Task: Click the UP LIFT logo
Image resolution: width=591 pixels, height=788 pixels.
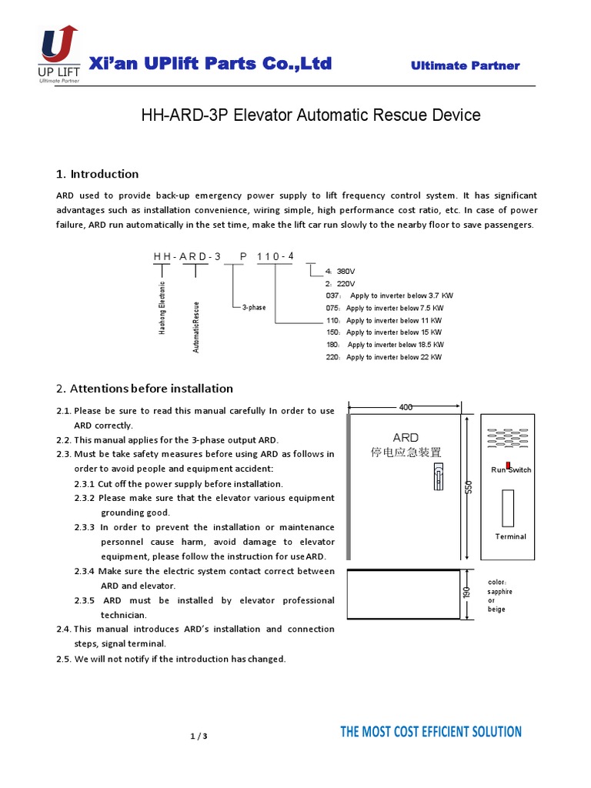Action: [x=58, y=54]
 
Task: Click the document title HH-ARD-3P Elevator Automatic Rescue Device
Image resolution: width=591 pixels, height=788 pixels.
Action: [x=310, y=115]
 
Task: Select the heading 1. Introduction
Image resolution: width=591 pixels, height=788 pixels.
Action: [x=98, y=174]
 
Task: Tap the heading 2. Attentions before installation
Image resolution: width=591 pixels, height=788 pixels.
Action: [x=145, y=388]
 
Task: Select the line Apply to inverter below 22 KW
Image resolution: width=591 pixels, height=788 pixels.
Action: [x=394, y=357]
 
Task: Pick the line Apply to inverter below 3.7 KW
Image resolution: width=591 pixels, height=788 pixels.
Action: [x=400, y=295]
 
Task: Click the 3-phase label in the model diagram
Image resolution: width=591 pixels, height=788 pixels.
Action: [x=254, y=307]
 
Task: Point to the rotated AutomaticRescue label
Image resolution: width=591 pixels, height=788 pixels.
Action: [x=196, y=326]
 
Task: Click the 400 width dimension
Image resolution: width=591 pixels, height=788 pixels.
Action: [x=405, y=406]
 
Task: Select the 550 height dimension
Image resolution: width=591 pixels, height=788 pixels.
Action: [x=468, y=487]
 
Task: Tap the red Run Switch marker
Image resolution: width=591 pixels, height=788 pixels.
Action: [x=509, y=466]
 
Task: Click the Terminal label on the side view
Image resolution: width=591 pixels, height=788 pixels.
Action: [x=511, y=536]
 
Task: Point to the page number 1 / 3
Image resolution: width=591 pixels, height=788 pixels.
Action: [x=199, y=736]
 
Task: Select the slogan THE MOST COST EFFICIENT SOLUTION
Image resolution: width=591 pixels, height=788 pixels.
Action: [x=431, y=732]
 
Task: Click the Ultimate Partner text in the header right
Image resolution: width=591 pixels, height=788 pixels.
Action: [x=465, y=66]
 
